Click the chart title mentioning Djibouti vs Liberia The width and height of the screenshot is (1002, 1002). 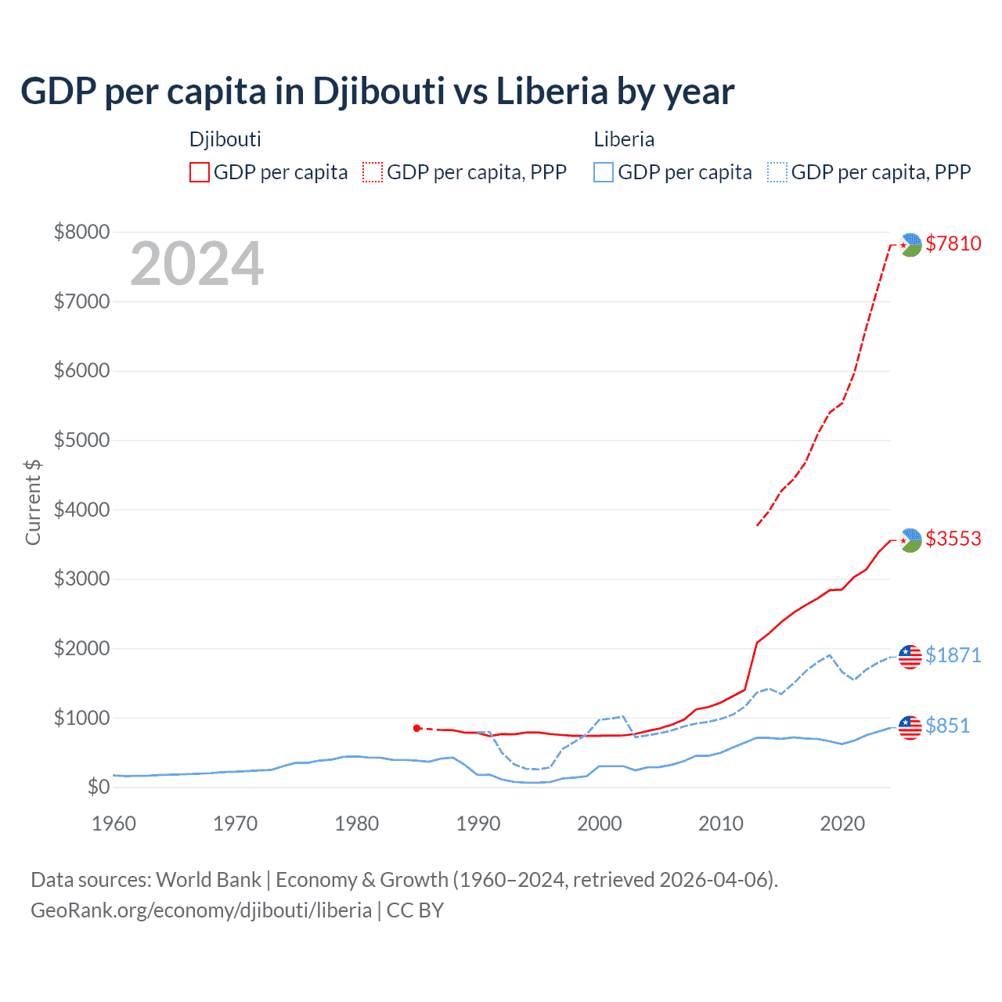point(377,92)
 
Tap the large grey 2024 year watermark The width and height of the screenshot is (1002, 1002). point(196,264)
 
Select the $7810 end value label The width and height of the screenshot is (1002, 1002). point(953,243)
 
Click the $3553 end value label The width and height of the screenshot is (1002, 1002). point(953,539)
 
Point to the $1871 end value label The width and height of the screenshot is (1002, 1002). point(953,655)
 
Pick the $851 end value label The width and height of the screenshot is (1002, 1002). point(947,726)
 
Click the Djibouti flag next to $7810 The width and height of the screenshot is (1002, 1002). point(910,245)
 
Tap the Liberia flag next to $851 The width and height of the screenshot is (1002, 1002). point(910,727)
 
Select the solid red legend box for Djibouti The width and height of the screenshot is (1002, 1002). point(200,172)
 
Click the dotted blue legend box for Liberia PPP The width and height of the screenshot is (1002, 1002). point(777,172)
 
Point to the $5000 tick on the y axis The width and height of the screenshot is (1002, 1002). point(81,440)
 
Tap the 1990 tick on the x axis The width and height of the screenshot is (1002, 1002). point(478,824)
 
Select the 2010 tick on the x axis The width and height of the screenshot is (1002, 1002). point(721,824)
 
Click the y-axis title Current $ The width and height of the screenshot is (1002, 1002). point(33,502)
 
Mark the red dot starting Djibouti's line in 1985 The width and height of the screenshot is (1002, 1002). point(417,728)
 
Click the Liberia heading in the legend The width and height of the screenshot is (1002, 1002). point(624,139)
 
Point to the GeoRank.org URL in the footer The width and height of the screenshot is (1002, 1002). point(201,910)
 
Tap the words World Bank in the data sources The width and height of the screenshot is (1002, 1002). point(208,880)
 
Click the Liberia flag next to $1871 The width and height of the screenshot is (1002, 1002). point(910,657)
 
